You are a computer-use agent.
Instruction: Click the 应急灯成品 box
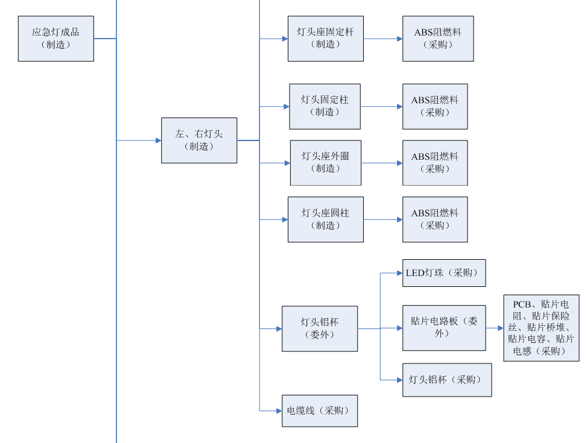point(56,39)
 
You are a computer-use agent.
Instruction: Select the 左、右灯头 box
point(199,140)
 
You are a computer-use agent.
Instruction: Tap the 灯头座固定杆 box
point(326,39)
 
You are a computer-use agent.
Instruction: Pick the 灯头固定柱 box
point(325,106)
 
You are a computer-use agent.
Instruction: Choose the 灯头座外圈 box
point(326,163)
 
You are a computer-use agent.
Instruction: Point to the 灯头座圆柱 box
point(326,219)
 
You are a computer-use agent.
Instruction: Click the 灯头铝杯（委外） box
point(320,328)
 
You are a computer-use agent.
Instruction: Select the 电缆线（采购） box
point(320,411)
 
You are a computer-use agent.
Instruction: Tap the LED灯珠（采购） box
point(444,273)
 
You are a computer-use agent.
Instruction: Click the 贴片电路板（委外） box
point(444,328)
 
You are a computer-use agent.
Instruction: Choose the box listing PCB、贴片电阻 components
point(541,328)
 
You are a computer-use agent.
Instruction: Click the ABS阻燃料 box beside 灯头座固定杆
point(438,39)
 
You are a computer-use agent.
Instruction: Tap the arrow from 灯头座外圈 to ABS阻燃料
point(382,163)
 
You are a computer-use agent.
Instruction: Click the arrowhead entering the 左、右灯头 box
point(158,140)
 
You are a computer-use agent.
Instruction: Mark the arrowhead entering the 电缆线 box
point(279,411)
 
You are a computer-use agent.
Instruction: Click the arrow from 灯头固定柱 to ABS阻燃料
point(382,107)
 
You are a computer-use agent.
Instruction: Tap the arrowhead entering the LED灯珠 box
point(399,273)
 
